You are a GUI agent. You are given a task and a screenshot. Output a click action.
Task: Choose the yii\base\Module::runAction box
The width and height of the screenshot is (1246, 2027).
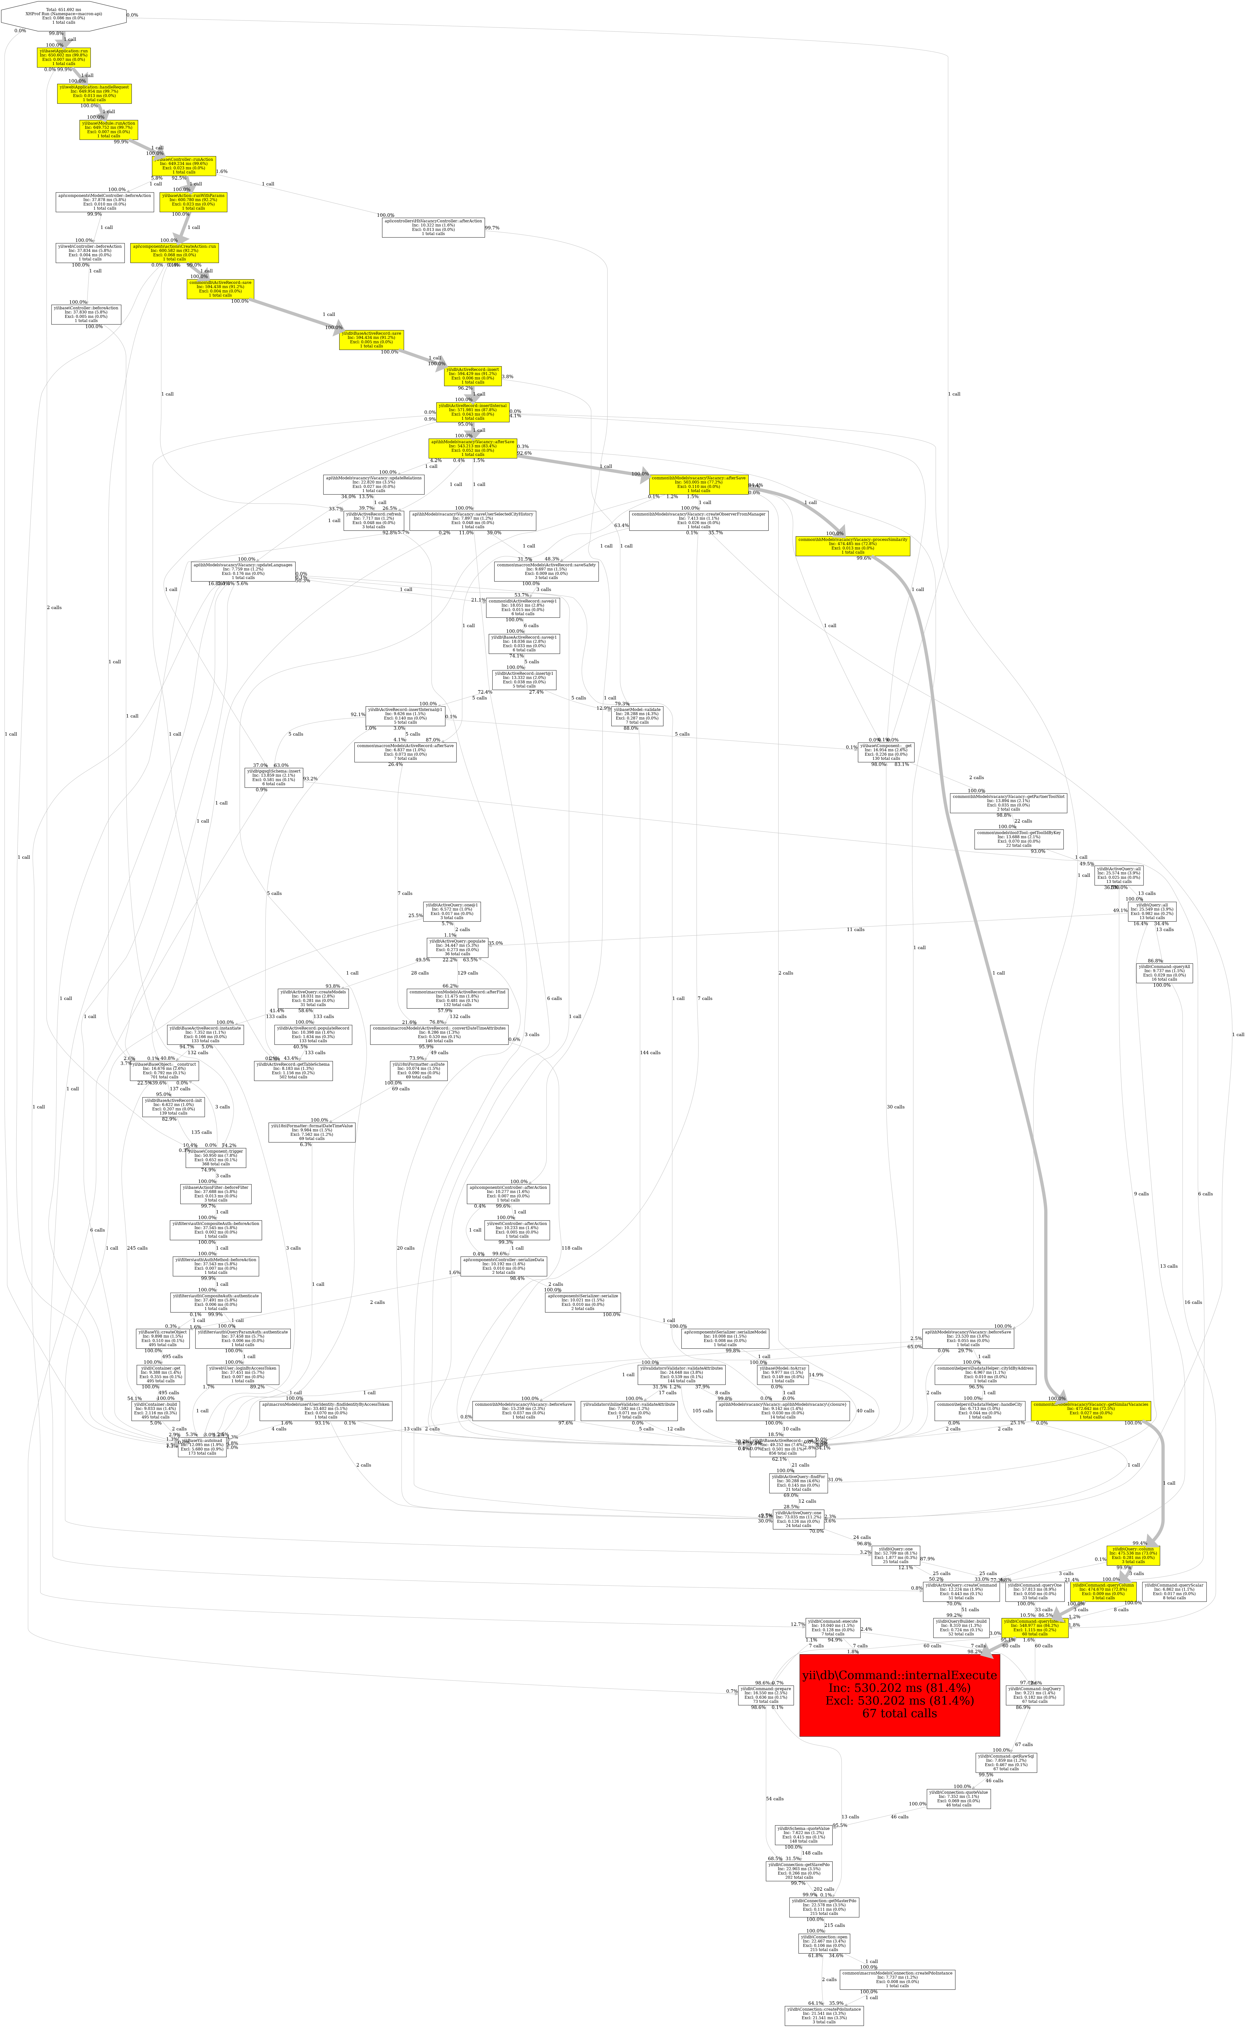(108, 129)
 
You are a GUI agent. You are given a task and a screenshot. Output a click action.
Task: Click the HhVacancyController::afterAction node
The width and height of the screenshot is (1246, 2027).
(434, 227)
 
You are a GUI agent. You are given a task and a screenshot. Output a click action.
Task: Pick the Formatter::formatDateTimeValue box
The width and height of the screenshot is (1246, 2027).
(311, 1131)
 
